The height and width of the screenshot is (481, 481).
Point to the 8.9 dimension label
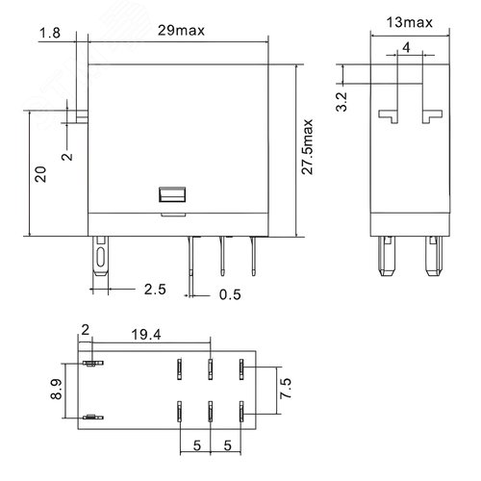pos(56,391)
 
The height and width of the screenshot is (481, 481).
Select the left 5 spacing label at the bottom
pos(195,446)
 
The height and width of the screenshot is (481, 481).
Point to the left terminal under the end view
pos(390,257)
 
